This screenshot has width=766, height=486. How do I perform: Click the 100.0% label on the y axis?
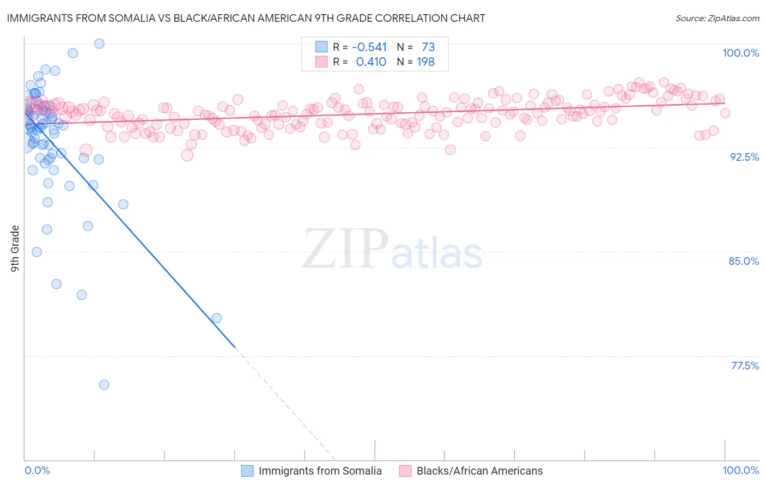pos(740,53)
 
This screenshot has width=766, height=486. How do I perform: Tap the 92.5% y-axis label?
pos(744,157)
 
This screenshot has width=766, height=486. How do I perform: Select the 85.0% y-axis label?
pos(744,261)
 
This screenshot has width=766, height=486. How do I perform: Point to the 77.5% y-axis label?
pos(745,366)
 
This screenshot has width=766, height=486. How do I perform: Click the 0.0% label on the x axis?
pos(37,470)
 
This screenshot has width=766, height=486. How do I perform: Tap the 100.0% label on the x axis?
pos(740,470)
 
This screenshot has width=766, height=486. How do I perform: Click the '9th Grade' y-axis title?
pos(15,248)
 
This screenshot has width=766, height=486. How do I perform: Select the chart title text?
pos(246,18)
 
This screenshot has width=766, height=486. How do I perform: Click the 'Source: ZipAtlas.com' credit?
pos(717,18)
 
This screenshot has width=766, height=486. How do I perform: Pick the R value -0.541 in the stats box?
pos(369,47)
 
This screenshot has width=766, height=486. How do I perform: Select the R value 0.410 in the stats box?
pos(371,62)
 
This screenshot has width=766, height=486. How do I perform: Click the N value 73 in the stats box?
pos(428,47)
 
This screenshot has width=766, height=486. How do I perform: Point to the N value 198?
pos(425,62)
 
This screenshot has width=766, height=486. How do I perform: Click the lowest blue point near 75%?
pos(104,385)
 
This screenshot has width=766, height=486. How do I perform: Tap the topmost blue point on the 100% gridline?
pos(99,44)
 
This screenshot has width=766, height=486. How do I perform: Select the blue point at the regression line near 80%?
pos(216,318)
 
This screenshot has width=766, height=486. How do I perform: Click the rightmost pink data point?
pos(725,113)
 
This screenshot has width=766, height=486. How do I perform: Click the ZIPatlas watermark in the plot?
pos(392,249)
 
